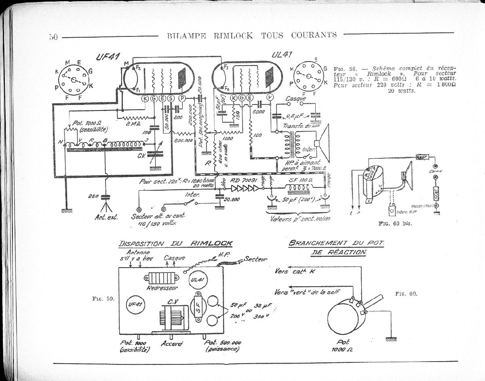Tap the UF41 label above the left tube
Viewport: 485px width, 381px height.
[x=107, y=57]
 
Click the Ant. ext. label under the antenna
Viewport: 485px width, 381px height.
[x=106, y=217]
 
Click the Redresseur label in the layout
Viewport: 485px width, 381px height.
[x=162, y=289]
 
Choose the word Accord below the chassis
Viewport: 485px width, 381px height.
[x=172, y=343]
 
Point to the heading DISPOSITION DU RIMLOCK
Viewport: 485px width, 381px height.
[x=175, y=243]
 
